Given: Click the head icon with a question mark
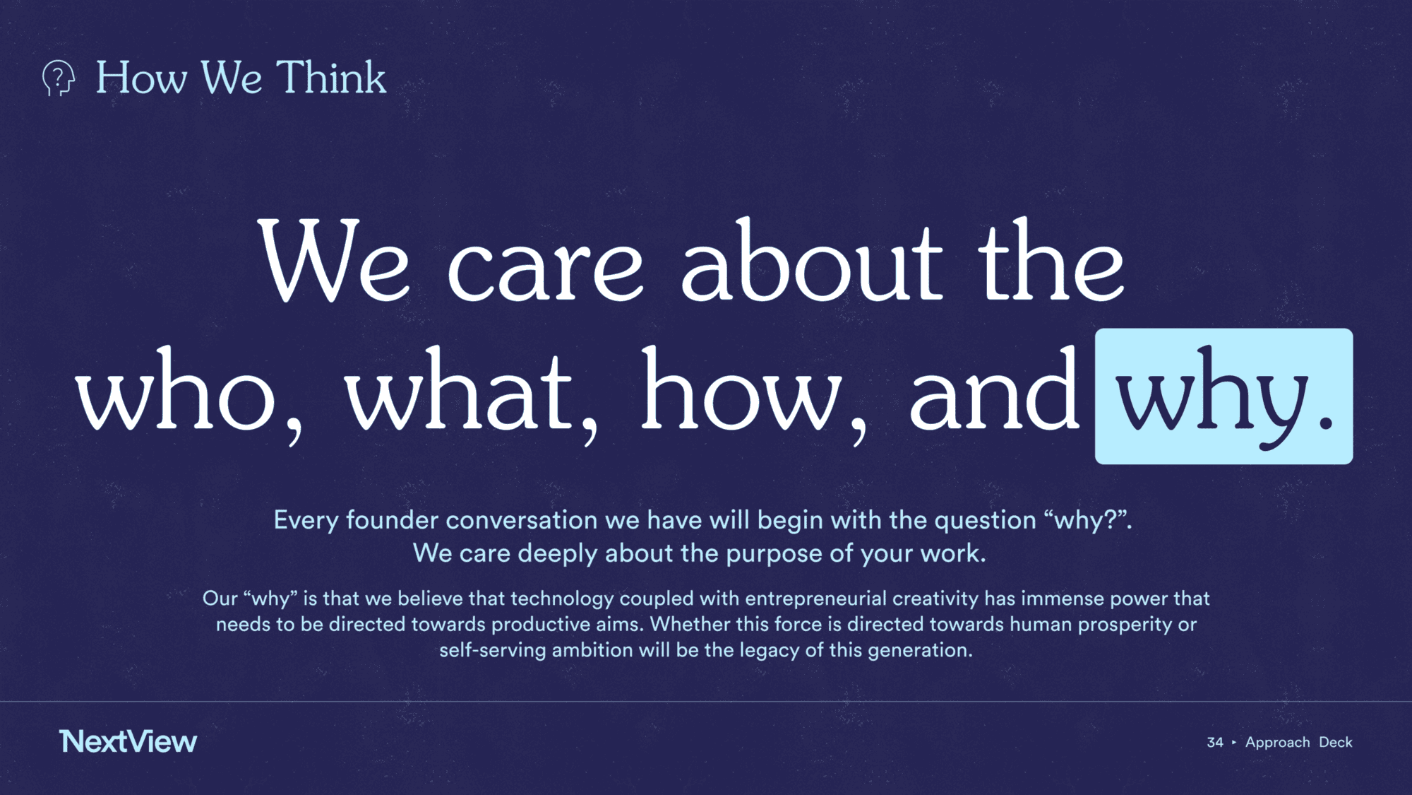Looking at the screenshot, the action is coord(59,78).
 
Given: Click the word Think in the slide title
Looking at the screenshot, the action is coord(331,77).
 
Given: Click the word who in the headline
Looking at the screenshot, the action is coord(176,389).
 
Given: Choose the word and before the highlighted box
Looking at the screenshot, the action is coord(995,389).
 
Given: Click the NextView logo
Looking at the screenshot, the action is coord(128,741).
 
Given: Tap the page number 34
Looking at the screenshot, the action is coord(1215,742).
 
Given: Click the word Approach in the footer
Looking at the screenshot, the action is coord(1278,743).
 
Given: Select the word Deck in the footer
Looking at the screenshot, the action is coord(1336,742).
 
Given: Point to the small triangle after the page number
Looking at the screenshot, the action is coord(1234,742).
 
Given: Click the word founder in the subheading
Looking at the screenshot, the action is coord(393,520).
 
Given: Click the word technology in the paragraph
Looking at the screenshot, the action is coord(562,599).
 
